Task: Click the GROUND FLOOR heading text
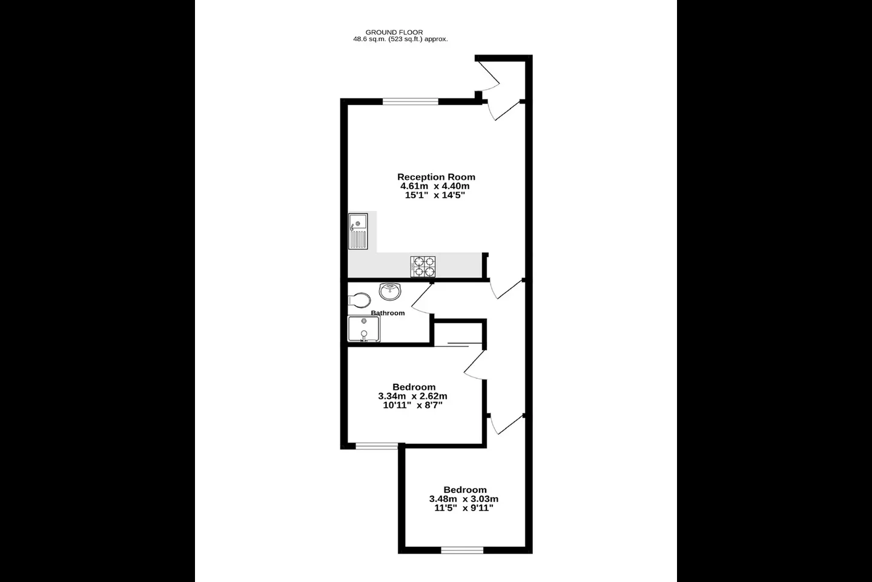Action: tap(394, 32)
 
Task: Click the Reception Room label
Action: tap(436, 177)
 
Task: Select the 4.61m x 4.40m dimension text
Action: tap(435, 186)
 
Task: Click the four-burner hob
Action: tap(423, 267)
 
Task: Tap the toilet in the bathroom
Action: tap(359, 300)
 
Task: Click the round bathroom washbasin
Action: tap(390, 291)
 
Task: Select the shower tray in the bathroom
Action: tap(364, 329)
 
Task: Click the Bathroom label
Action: tap(388, 313)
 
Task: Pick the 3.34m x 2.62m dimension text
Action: tap(412, 396)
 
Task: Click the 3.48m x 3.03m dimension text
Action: tap(464, 499)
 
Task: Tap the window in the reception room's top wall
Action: tap(411, 102)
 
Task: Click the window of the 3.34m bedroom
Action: tap(377, 446)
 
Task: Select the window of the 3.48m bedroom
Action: tap(462, 550)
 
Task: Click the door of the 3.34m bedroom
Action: tap(475, 365)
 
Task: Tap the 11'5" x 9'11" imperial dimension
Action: tap(464, 508)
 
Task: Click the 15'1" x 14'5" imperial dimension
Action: tap(435, 195)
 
